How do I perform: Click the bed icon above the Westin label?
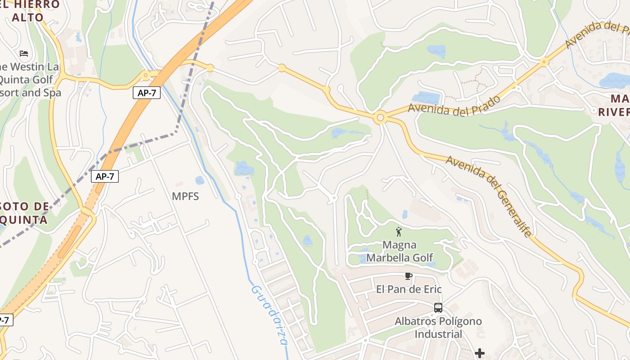coord(24,54)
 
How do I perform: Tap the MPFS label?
coord(185,196)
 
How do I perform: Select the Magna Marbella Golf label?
coord(399,251)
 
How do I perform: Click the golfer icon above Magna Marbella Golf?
coord(398,232)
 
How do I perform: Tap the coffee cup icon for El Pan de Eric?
coord(408,276)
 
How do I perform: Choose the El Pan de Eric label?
coord(409,289)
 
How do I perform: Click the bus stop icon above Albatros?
coord(438,308)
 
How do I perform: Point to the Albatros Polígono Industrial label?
coord(438,328)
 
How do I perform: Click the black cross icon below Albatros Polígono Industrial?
coord(480,353)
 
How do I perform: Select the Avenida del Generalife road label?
coord(490,196)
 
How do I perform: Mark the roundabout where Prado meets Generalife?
coord(380,118)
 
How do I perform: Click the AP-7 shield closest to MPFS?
coord(105,176)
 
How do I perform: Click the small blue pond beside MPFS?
coord(199,180)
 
